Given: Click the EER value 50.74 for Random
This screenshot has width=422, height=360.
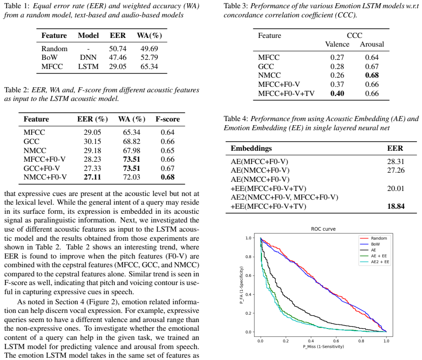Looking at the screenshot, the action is point(118,49).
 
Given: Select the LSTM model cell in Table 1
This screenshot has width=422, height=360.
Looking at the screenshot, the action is point(88,66).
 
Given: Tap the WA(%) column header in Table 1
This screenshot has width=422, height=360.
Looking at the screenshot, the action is point(150,36).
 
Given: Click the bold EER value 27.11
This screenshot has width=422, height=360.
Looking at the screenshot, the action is point(92,177).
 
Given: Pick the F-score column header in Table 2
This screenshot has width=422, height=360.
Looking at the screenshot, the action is point(168,119).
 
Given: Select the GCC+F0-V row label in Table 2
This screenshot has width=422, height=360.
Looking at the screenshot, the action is point(42,168).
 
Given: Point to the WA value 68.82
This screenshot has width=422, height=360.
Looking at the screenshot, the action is point(132,142).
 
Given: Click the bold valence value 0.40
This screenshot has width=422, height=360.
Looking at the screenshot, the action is point(337,94).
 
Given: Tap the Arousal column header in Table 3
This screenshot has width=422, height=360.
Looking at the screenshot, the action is point(372,44).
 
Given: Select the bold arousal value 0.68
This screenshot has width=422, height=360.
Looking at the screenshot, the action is point(372,75).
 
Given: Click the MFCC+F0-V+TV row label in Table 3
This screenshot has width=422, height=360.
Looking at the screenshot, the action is point(286,94).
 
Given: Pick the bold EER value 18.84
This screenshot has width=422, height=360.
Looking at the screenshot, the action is point(396,206).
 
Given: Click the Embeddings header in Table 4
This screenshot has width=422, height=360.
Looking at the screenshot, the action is point(251,148).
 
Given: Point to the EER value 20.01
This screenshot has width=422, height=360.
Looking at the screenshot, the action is point(395,189).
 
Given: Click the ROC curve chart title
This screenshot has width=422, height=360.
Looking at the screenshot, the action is point(323,229).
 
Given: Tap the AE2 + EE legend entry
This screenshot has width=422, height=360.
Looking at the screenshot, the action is point(374,262).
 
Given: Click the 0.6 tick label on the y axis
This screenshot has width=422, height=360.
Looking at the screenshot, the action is point(248,275).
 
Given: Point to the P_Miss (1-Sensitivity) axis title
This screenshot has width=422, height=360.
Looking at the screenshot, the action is point(323,347).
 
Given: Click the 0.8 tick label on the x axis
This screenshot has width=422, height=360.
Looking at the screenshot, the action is point(361,341).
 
